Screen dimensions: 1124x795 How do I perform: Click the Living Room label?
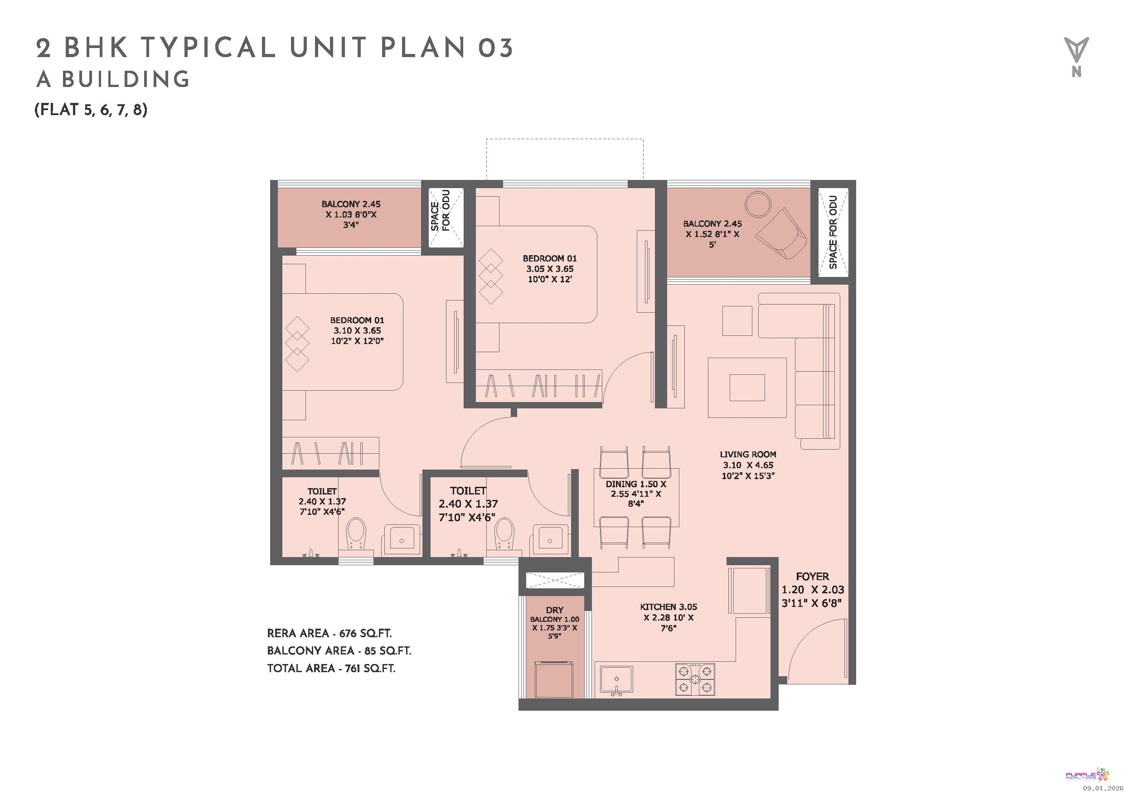(x=747, y=465)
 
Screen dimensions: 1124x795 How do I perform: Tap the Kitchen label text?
(x=668, y=617)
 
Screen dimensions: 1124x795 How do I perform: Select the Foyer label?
(x=813, y=589)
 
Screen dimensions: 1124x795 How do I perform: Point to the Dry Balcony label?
(x=555, y=623)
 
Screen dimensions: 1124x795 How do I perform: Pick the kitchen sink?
(x=616, y=680)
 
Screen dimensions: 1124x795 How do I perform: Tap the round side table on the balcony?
(x=758, y=204)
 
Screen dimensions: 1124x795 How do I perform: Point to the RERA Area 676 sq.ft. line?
(x=329, y=634)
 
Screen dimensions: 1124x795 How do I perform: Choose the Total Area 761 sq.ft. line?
(x=331, y=668)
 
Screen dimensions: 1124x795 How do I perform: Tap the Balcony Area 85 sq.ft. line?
(x=339, y=650)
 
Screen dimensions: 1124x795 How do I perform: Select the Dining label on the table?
(x=635, y=494)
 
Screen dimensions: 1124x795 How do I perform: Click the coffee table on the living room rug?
(x=747, y=388)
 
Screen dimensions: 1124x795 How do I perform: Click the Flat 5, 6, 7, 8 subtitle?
(x=91, y=110)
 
